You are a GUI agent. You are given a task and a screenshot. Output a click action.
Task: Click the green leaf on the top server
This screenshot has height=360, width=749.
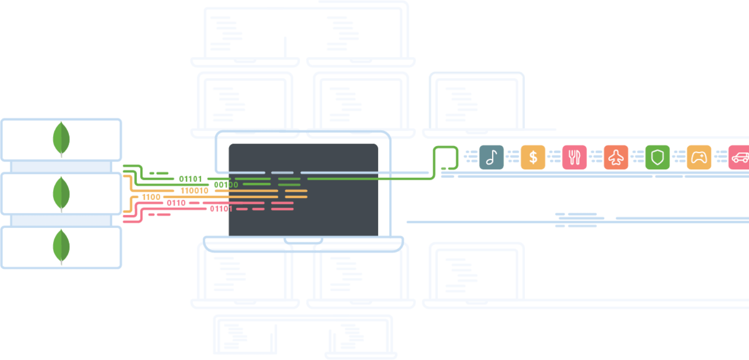(61, 139)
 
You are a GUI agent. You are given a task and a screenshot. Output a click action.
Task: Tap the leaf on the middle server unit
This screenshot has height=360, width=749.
(61, 194)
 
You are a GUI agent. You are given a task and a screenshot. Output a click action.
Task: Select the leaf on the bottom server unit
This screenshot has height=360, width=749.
(61, 246)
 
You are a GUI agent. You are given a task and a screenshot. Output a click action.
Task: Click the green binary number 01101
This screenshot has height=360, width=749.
(190, 179)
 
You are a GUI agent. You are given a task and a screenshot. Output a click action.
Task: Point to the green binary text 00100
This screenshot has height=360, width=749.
(226, 185)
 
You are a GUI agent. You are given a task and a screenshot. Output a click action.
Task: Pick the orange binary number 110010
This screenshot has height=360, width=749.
(194, 191)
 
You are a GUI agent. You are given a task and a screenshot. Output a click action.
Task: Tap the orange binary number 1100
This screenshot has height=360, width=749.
(151, 197)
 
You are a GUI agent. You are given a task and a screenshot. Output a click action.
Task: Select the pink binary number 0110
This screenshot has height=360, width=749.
(176, 203)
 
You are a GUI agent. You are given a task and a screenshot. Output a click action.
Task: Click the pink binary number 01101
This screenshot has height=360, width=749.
(221, 209)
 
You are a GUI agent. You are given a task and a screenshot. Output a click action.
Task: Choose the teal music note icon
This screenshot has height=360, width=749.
(491, 157)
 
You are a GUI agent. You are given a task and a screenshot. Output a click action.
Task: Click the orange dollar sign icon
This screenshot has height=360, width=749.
(533, 157)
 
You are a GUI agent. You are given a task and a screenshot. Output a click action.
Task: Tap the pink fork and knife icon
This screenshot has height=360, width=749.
(574, 157)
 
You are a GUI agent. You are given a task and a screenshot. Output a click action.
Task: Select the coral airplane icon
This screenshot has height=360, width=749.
(616, 157)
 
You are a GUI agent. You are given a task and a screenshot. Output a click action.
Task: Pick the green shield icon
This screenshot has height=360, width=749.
(657, 157)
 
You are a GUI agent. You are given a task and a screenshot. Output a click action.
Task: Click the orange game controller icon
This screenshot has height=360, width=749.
(699, 157)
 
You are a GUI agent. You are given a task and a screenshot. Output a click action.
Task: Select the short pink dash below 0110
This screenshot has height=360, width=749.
(160, 215)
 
